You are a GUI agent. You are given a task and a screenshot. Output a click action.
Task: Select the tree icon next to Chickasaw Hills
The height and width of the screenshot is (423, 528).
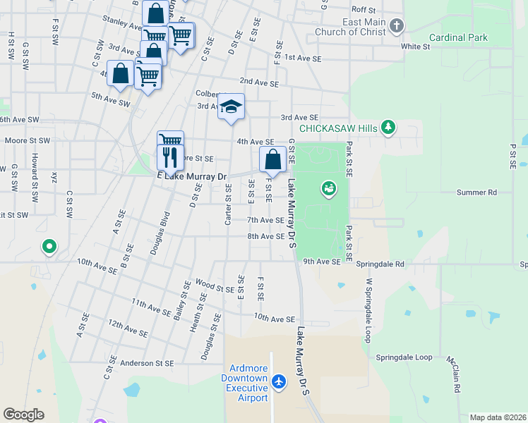pyautogui.click(x=388, y=128)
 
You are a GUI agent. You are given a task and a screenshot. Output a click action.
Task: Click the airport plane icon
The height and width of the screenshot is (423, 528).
pyautogui.click(x=280, y=381)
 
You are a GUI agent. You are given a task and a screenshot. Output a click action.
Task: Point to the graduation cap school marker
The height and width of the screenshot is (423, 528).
pyautogui.click(x=231, y=107)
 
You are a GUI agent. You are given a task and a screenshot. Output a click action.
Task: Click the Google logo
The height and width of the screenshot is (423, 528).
pyautogui.click(x=23, y=415)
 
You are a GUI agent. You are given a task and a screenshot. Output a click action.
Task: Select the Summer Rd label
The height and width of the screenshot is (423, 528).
pyautogui.click(x=476, y=192)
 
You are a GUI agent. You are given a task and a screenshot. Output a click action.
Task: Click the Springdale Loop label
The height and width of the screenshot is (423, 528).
pyautogui.click(x=404, y=357)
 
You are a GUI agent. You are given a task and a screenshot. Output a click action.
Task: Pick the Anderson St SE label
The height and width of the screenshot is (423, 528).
pyautogui.click(x=147, y=363)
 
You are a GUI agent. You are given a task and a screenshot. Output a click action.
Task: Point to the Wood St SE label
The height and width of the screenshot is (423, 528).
pyautogui.click(x=215, y=286)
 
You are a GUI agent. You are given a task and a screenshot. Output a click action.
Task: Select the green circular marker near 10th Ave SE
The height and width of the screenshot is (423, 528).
pyautogui.click(x=49, y=247)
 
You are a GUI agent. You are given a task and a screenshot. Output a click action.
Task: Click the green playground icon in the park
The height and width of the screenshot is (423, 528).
pyautogui.click(x=328, y=188)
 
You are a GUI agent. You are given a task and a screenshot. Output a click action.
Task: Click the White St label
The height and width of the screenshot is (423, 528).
pyautogui.click(x=415, y=47)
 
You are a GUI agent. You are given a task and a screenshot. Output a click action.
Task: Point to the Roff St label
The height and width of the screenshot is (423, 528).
pyautogui.click(x=364, y=10)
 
